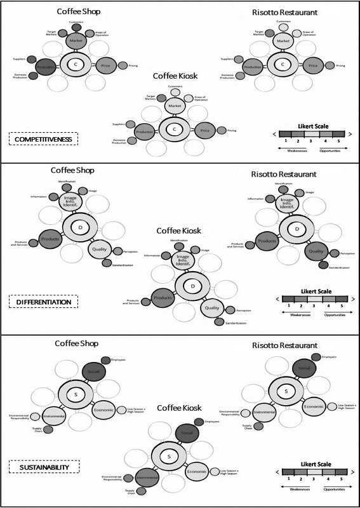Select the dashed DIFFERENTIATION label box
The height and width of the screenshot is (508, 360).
click(42, 302)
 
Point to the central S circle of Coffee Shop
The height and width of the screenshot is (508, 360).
click(75, 395)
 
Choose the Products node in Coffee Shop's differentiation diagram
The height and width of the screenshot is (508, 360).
click(50, 239)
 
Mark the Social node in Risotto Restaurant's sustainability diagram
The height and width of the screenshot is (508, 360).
click(305, 366)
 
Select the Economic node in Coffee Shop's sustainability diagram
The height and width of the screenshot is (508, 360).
click(103, 410)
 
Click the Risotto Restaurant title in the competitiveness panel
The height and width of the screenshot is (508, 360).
click(283, 11)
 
